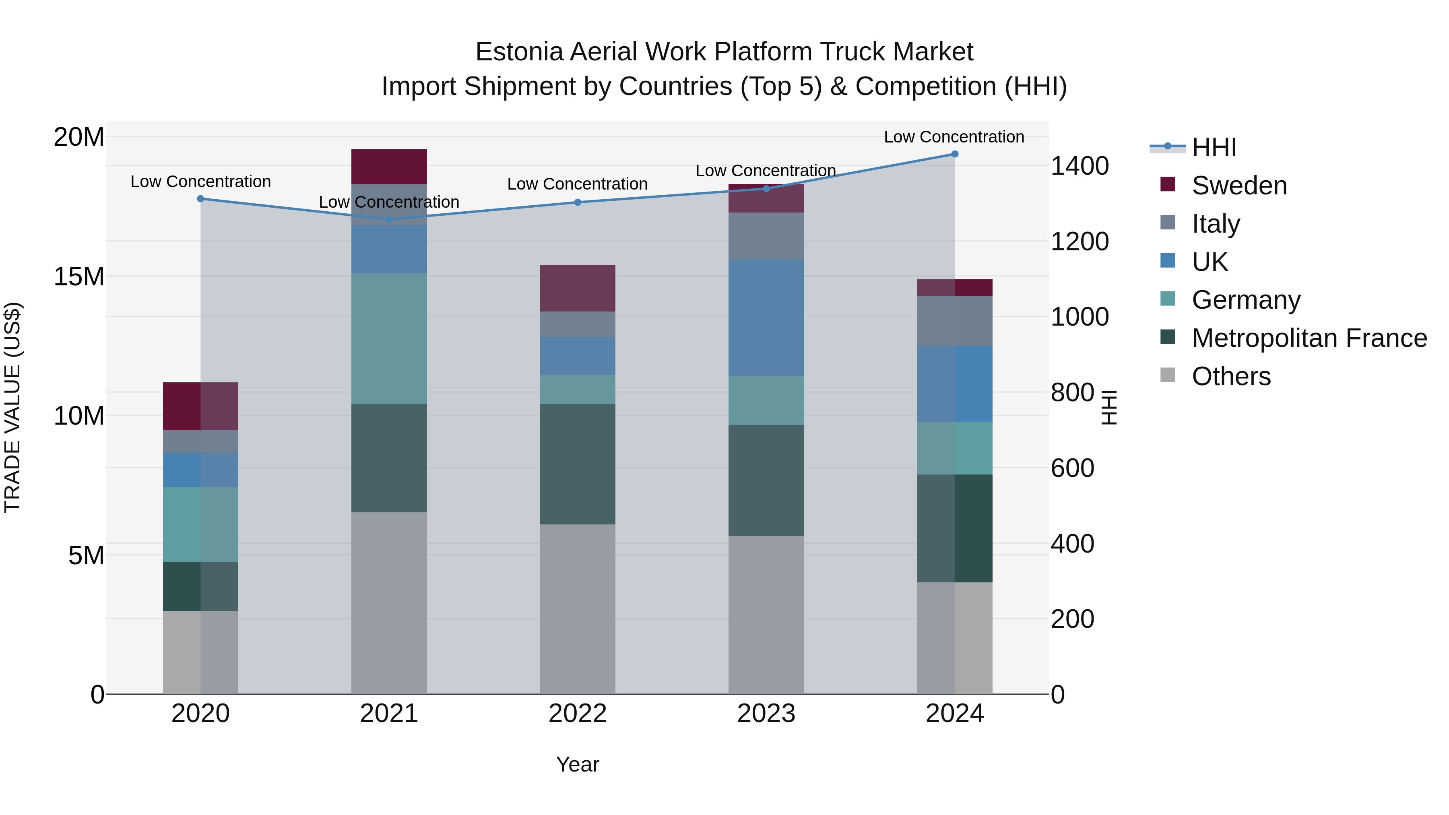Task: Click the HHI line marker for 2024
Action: pos(955,154)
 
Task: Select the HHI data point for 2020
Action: pos(201,198)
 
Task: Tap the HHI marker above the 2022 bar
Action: pos(578,202)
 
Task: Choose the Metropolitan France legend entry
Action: pos(1309,338)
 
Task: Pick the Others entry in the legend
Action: pos(1231,376)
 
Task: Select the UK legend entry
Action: pos(1210,262)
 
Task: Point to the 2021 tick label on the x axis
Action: pos(389,714)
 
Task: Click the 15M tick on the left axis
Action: pos(79,277)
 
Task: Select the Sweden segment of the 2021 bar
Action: pos(389,167)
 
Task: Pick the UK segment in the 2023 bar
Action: pos(766,318)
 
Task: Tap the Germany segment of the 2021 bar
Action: pos(389,338)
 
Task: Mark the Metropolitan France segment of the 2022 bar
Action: pos(578,464)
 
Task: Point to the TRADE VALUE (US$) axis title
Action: pos(12,407)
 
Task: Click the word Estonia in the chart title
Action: pos(519,52)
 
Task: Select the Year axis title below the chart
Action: pos(578,764)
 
